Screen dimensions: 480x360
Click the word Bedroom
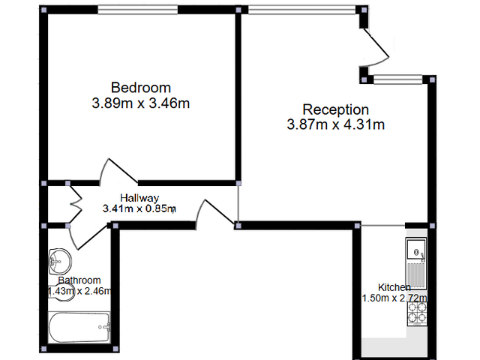click(x=141, y=88)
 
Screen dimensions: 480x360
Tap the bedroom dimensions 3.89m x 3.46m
click(x=141, y=103)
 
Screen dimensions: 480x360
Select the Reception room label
click(x=336, y=110)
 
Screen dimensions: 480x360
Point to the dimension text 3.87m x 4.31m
click(x=336, y=124)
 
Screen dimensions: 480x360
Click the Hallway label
click(x=139, y=198)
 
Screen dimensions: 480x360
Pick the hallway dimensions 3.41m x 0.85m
click(x=139, y=208)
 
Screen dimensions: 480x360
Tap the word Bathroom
click(x=79, y=280)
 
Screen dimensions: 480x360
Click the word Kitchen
click(x=394, y=287)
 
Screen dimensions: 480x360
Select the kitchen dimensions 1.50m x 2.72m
click(x=394, y=298)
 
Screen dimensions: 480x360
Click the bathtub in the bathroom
click(x=79, y=327)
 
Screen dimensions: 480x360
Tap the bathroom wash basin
click(x=60, y=262)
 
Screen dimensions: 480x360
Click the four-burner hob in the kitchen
click(x=417, y=313)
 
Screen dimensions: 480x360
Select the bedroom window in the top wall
click(x=138, y=10)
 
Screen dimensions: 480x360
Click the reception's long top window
click(x=301, y=10)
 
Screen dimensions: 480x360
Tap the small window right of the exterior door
click(x=398, y=79)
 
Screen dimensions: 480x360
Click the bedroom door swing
click(x=118, y=172)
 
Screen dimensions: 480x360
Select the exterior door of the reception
click(x=375, y=48)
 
